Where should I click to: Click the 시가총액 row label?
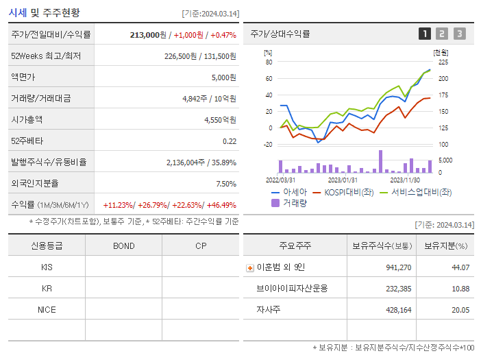pos(27,119)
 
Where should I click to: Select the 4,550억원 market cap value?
pos(220,119)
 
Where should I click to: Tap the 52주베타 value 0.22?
pos(230,141)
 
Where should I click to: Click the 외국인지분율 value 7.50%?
pos(225,184)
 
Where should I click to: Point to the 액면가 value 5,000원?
pos(223,77)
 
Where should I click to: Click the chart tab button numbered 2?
pos(442,34)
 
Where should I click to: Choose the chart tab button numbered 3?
pos(459,34)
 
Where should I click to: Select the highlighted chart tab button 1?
pos(425,34)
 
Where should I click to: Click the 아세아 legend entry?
pos(289,192)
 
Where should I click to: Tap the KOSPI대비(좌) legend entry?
pos(342,192)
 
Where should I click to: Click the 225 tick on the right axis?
pos(443,62)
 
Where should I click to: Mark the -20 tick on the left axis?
pos(268,144)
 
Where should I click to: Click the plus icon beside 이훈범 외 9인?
pos(250,267)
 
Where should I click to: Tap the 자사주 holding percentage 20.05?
pos(460,309)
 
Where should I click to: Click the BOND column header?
pos(123,245)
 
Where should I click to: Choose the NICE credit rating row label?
pos(47,309)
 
